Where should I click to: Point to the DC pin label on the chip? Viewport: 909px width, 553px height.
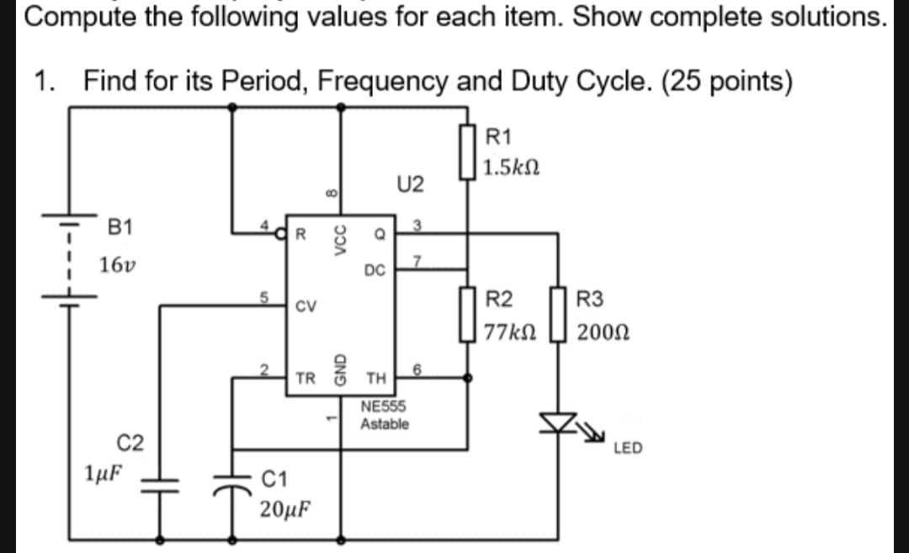tap(375, 270)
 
